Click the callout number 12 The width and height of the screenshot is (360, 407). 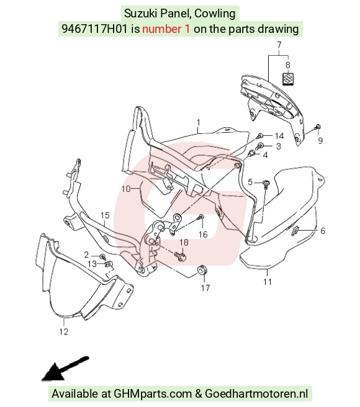[64, 331]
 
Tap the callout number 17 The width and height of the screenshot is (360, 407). [205, 288]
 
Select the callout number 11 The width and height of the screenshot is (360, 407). [268, 282]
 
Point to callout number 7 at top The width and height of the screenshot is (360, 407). [279, 45]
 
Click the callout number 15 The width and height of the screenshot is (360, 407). [105, 215]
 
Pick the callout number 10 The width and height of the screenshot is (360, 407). [126, 189]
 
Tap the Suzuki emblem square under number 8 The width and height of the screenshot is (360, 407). [288, 79]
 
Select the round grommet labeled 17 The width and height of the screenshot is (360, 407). [202, 270]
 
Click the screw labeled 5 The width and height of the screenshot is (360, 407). [266, 184]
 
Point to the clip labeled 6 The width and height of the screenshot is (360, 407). [295, 230]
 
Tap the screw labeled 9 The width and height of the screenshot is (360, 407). [317, 127]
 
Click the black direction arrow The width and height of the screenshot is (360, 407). [65, 369]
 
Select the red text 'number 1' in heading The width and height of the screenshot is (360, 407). [166, 29]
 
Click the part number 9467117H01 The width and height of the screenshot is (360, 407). [94, 29]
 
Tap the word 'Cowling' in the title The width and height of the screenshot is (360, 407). [215, 13]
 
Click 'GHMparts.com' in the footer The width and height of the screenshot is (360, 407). [153, 394]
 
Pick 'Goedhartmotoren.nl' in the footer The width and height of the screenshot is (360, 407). [256, 394]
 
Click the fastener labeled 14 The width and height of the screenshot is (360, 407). [260, 135]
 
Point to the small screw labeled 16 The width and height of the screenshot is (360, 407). [200, 217]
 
